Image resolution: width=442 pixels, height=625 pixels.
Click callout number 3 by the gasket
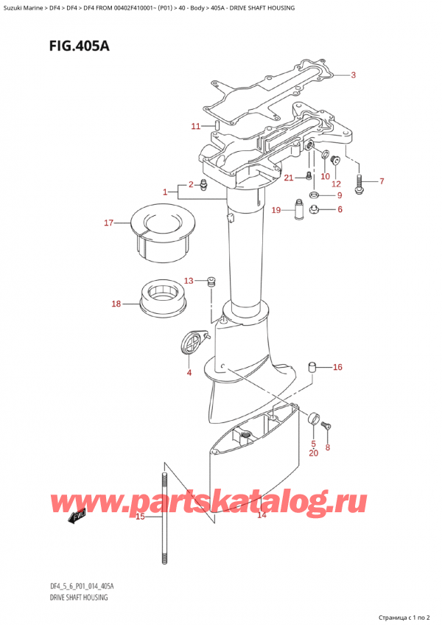click(353, 75)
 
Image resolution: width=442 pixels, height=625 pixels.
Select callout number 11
click(195, 126)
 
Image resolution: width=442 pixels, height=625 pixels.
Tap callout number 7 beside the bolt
click(381, 181)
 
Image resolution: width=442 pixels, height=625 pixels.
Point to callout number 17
click(108, 222)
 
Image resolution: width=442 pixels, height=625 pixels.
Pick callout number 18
click(116, 304)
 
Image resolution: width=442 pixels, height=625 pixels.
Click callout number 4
click(189, 372)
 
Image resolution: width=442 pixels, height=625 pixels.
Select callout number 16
click(337, 367)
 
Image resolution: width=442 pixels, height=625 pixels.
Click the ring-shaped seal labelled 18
click(164, 298)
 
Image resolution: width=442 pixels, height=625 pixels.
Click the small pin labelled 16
click(312, 366)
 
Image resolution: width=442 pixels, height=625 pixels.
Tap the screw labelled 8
click(328, 424)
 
